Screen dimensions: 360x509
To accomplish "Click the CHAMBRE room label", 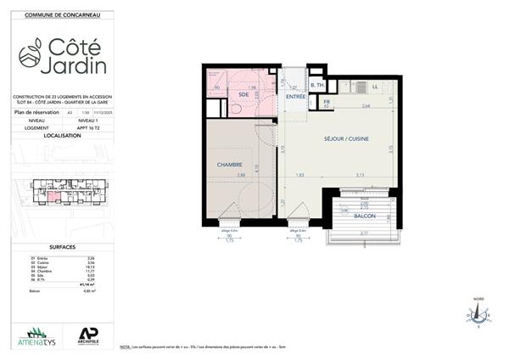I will (230, 165).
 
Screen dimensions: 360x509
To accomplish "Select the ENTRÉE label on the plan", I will (295, 98).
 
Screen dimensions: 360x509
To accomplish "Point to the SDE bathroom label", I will (243, 94).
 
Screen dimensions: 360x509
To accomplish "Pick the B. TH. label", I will (317, 87).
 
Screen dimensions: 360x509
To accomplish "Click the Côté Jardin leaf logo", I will (32, 54).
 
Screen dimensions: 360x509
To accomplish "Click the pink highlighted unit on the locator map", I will (53, 197).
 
